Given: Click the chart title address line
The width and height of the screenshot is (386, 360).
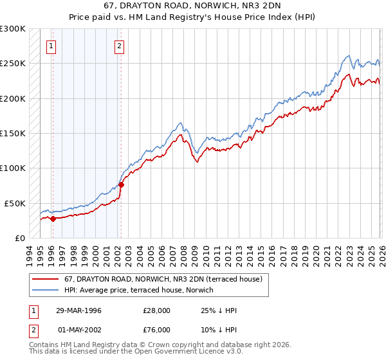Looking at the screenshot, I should [x=193, y=7].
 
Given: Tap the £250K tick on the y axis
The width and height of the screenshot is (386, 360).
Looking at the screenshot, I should [x=13, y=64].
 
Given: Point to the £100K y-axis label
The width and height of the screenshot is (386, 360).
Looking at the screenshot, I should [x=13, y=168].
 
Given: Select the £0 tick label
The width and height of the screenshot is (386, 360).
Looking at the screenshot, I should [x=20, y=238].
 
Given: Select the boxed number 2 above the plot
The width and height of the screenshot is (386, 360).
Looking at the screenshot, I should [x=120, y=46].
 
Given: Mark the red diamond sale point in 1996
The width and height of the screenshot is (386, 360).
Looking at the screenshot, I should [x=53, y=219].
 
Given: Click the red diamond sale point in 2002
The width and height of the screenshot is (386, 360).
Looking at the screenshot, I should [x=121, y=185].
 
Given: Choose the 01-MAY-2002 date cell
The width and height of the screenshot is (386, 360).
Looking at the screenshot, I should [x=78, y=330].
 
